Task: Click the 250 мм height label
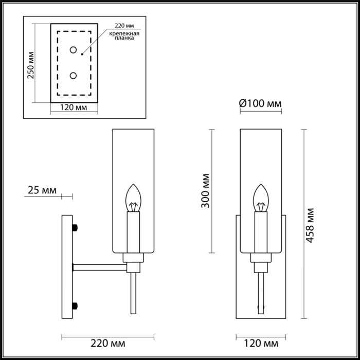coord(31,64)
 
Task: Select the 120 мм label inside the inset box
coord(73,108)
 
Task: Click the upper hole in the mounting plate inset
coord(73,50)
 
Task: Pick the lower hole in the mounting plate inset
coord(73,76)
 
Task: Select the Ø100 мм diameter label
coord(260,104)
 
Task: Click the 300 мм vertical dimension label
coord(205,192)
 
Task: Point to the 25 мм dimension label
coord(41,191)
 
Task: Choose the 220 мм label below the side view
coord(108,343)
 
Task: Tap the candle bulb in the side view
coord(134,199)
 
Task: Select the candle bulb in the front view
coord(261,199)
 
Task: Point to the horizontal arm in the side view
coord(100,266)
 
